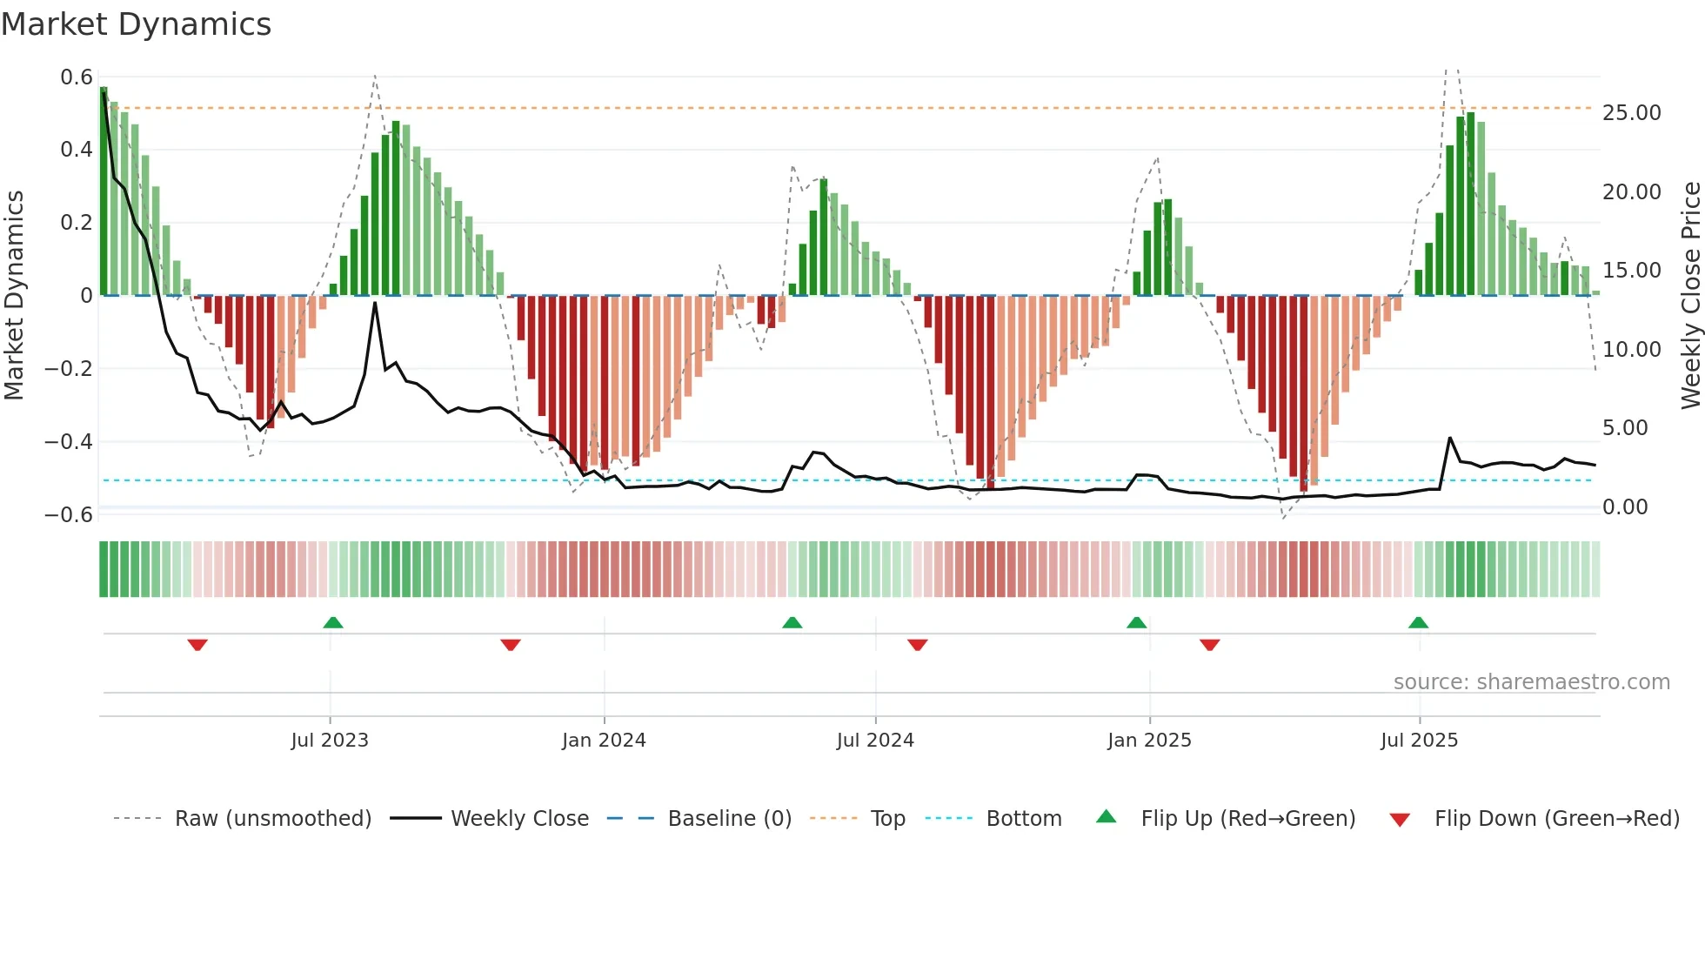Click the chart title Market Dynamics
pos(136,24)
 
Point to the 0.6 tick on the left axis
pos(77,77)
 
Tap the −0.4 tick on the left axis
pos(69,441)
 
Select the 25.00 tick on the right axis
pos(1631,113)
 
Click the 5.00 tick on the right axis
pos(1624,428)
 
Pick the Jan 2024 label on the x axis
pos(604,741)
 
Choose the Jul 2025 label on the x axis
pos(1419,741)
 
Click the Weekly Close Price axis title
pos(1690,296)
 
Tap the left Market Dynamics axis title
pos(15,296)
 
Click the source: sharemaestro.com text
pos(1531,682)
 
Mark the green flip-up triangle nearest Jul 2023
pos(333,622)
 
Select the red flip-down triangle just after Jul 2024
pos(918,645)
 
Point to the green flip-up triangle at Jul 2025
pos(1418,622)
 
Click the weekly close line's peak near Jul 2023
pos(375,303)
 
